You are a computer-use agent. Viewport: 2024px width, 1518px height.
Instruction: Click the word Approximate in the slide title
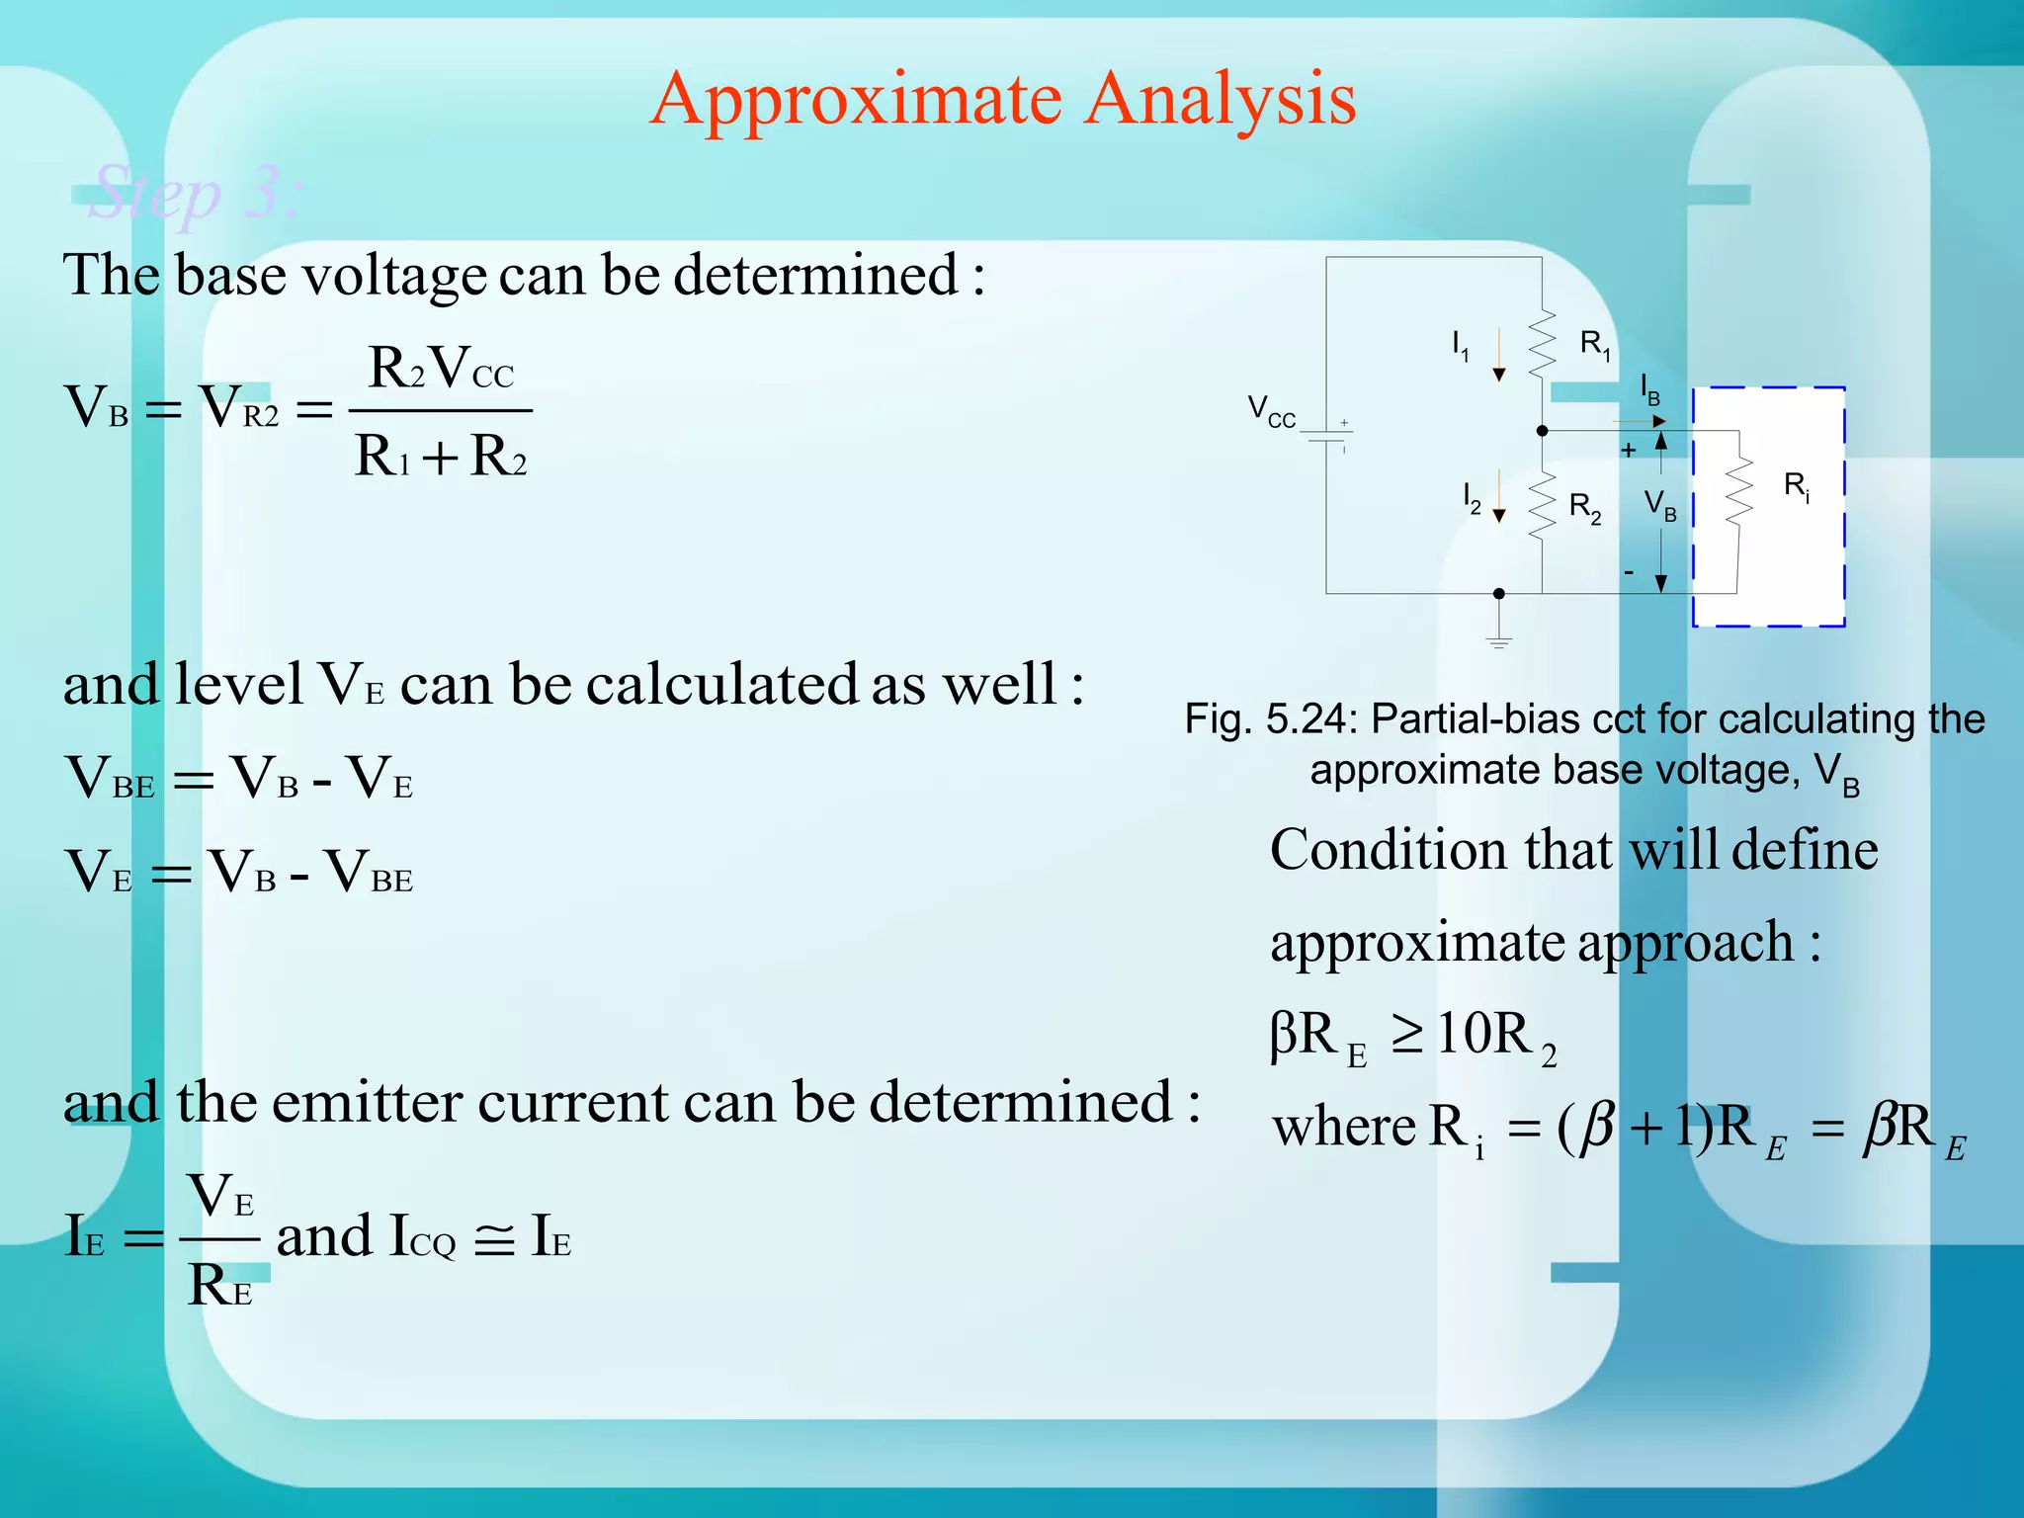[856, 101]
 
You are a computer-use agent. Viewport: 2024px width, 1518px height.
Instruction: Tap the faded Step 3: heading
[194, 194]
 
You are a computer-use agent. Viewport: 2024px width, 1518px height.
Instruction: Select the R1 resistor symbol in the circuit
[1542, 343]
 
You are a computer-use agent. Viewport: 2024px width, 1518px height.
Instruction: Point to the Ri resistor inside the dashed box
[1738, 490]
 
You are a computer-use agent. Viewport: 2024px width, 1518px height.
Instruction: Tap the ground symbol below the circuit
[1499, 639]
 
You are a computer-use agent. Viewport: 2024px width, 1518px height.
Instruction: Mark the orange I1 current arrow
[1499, 356]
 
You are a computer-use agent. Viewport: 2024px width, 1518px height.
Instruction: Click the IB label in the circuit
[1650, 389]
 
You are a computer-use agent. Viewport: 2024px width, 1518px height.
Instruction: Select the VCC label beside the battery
[1271, 410]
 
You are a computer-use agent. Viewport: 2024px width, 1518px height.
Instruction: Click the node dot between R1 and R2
[1542, 431]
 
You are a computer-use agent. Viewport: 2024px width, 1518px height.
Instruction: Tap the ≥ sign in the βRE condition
[1407, 1034]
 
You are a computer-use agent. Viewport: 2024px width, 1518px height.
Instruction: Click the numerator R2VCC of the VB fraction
[441, 369]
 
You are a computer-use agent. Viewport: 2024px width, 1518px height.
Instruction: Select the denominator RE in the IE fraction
[219, 1287]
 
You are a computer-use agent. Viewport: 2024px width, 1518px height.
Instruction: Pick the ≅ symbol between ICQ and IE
[494, 1239]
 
